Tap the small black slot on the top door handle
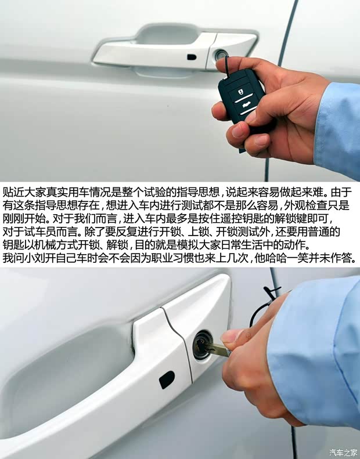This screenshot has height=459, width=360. point(192,57)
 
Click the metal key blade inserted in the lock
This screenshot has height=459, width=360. point(214,348)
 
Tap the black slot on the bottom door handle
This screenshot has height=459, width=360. point(167,380)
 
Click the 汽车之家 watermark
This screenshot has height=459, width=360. point(343,452)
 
